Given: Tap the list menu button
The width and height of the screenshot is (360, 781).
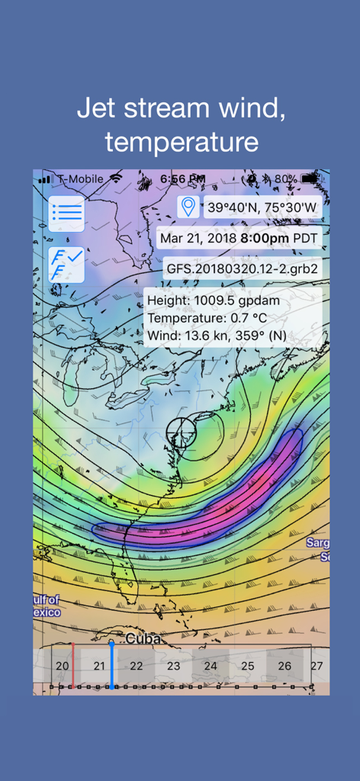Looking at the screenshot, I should [x=66, y=214].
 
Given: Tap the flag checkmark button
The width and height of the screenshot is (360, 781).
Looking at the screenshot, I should [x=66, y=265].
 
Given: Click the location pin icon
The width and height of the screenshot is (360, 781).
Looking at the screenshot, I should [x=188, y=207].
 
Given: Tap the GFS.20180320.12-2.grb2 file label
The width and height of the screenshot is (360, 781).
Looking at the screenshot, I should [x=242, y=269].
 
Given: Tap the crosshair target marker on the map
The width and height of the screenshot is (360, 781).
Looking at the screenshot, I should [x=182, y=432].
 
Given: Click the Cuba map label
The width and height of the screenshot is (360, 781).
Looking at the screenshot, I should [x=144, y=638].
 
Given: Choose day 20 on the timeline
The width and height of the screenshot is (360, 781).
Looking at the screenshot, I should [x=63, y=666].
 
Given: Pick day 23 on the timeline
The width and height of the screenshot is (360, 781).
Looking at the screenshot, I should [x=173, y=666].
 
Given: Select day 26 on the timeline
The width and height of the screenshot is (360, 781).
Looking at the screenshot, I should [x=284, y=666].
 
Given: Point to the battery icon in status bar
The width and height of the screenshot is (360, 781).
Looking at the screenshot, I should [x=310, y=178].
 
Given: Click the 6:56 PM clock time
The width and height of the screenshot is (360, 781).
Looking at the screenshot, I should [x=182, y=178].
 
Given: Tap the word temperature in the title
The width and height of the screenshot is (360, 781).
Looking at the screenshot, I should [x=181, y=142].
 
